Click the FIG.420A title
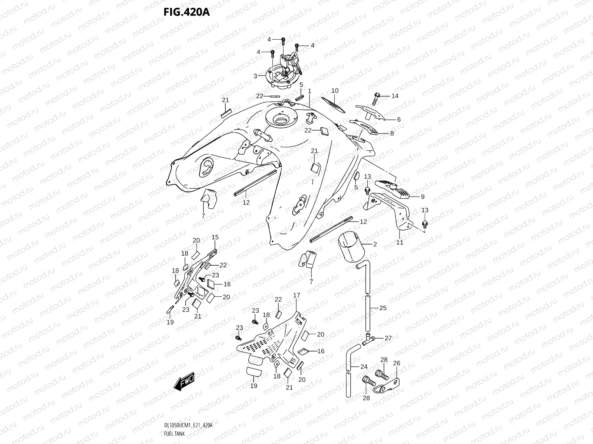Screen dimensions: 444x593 tap(186, 13)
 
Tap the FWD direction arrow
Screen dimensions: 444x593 tap(183, 381)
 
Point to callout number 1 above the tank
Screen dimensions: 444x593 tap(309, 91)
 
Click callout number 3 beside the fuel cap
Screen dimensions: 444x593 tap(255, 76)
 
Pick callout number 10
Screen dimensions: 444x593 tap(335, 91)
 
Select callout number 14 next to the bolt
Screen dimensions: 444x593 tap(395, 96)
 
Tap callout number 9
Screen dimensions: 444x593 tap(423, 197)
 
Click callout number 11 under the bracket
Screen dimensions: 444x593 tap(400, 242)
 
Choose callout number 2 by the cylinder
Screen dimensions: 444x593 tap(375, 244)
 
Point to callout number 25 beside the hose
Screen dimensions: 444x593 tap(383, 308)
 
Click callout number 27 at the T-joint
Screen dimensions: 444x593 tap(388, 338)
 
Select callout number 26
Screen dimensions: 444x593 tap(396, 363)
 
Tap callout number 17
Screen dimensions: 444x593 tap(296, 295)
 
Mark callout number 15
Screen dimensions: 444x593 tap(215, 237)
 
